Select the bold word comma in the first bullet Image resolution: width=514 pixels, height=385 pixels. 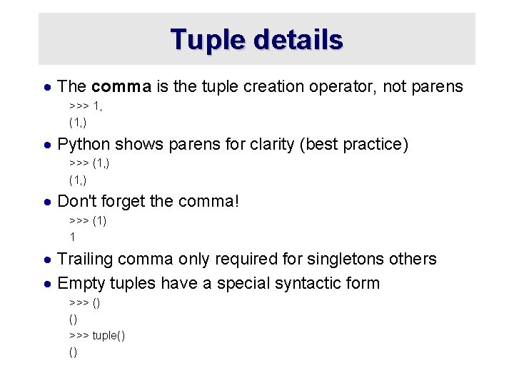tap(121, 87)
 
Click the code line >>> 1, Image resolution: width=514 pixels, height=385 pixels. tap(86, 106)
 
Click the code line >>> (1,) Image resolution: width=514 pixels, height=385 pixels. tap(89, 163)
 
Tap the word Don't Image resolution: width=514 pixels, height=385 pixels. tap(76, 202)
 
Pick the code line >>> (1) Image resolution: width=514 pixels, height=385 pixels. tap(88, 220)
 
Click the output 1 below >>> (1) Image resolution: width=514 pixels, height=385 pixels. tap(72, 237)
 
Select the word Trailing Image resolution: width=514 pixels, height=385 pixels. tap(85, 259)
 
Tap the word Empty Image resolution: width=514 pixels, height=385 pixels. tap(80, 283)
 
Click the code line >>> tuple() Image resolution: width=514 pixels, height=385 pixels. tap(97, 335)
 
